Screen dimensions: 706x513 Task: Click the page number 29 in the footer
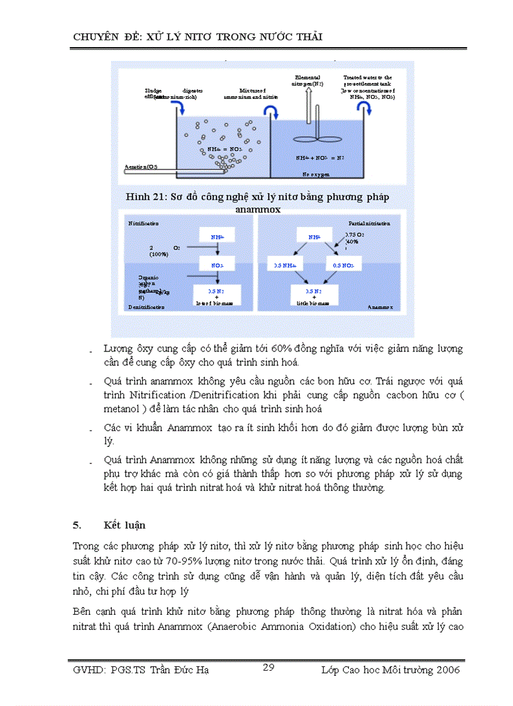pyautogui.click(x=268, y=667)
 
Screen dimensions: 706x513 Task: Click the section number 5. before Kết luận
pyautogui.click(x=77, y=524)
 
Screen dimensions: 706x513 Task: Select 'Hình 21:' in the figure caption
pyautogui.click(x=146, y=197)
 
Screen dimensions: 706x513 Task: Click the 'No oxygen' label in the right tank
pyautogui.click(x=316, y=174)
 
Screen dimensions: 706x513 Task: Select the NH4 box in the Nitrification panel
pyautogui.click(x=218, y=236)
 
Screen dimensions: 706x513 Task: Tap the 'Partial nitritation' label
pyautogui.click(x=369, y=223)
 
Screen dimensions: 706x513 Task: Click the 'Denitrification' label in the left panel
pyautogui.click(x=146, y=307)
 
